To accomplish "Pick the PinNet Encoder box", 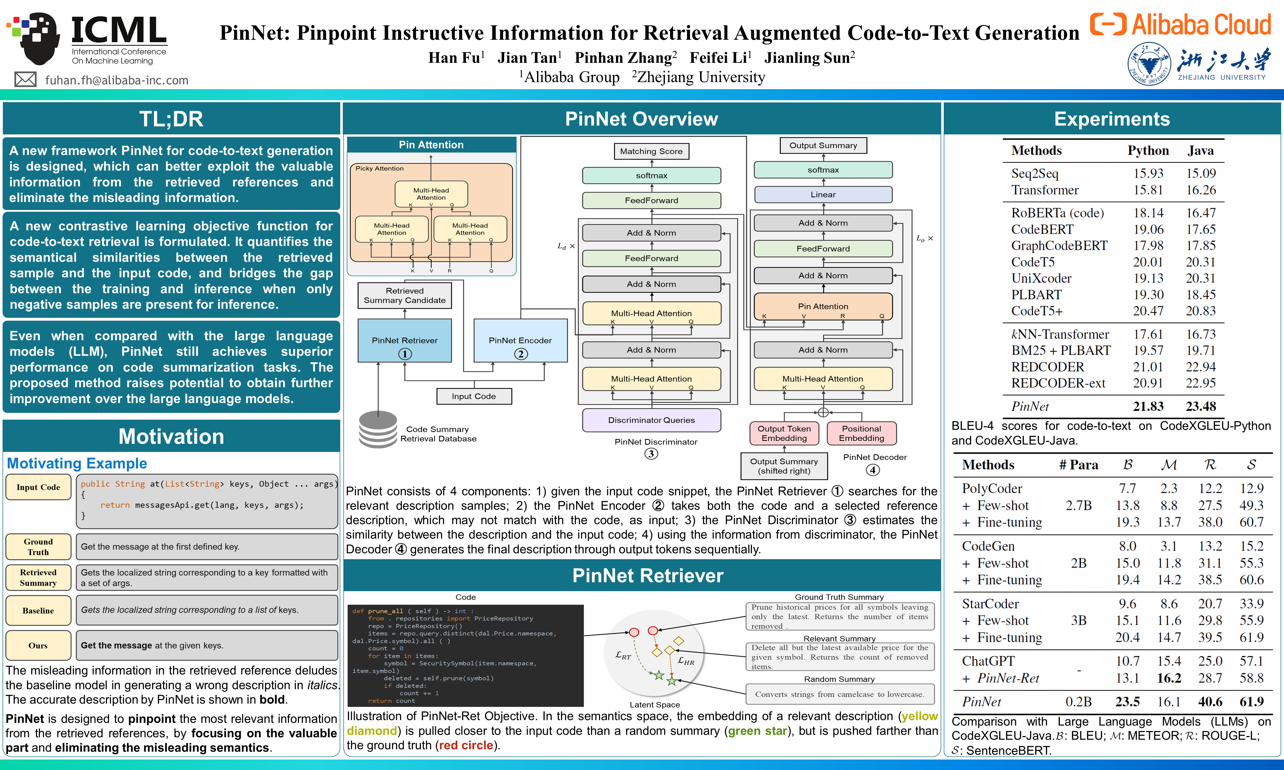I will pos(520,340).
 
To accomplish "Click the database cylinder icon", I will pos(378,429).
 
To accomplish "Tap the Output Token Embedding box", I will pos(784,433).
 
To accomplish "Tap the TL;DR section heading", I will pos(171,119).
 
